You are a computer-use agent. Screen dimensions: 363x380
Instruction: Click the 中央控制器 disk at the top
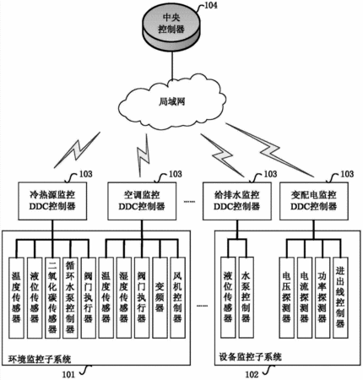click(171, 28)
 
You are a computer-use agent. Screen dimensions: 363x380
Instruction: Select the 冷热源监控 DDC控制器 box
click(52, 201)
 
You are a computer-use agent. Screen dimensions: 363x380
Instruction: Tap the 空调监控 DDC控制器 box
click(142, 201)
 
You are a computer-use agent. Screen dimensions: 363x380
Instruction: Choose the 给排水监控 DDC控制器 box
click(237, 201)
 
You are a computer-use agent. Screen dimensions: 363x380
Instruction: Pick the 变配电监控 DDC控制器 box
click(314, 201)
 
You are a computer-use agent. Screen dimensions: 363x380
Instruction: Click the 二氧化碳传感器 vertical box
click(52, 298)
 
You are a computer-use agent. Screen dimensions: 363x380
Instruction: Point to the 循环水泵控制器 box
click(70, 298)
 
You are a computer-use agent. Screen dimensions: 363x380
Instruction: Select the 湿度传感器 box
click(124, 298)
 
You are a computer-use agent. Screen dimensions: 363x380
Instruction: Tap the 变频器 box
click(160, 298)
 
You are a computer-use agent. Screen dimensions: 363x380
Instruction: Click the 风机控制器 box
click(177, 298)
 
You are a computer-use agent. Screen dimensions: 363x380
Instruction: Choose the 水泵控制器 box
click(246, 297)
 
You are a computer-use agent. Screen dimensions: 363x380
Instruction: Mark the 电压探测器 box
click(286, 297)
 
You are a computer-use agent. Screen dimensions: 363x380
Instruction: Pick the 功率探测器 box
click(322, 297)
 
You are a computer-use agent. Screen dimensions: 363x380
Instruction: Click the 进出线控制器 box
click(340, 297)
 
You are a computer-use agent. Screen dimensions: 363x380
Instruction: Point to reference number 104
click(210, 5)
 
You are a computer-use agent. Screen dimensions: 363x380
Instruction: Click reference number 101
click(68, 374)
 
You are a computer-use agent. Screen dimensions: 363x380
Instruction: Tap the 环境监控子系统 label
click(40, 359)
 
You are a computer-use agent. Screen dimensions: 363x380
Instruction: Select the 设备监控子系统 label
click(250, 357)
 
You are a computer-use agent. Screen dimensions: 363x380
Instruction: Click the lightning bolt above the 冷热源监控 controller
click(77, 149)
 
